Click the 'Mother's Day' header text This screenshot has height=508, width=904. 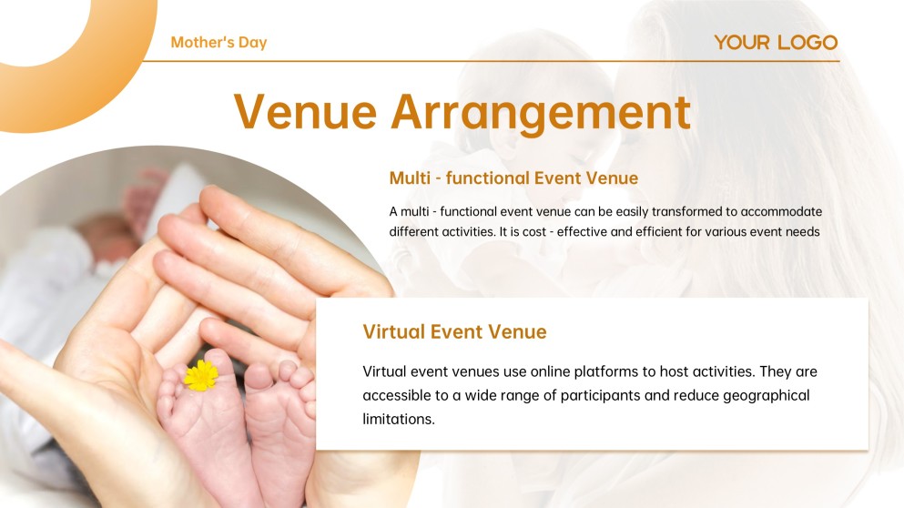218,43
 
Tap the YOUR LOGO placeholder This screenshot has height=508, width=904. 776,42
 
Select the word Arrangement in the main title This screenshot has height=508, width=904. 541,113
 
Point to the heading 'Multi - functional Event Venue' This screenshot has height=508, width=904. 513,178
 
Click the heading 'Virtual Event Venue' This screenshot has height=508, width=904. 454,331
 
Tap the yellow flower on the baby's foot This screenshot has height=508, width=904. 201,375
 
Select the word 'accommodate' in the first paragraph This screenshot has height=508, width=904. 781,211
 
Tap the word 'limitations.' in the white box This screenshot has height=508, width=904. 399,419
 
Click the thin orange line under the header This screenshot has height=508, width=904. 492,61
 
